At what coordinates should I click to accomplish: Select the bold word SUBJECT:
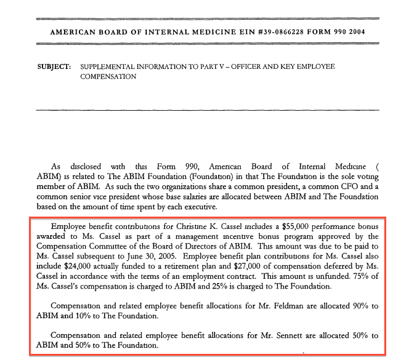point(51,66)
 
